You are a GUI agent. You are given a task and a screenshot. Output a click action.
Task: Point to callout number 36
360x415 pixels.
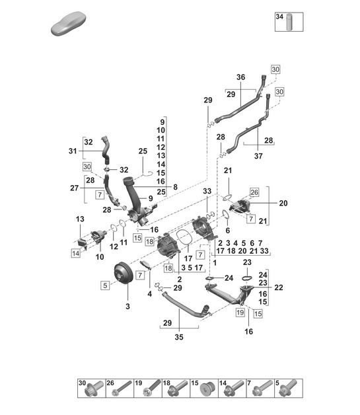point(240,77)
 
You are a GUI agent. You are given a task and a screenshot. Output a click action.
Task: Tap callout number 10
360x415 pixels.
point(100,256)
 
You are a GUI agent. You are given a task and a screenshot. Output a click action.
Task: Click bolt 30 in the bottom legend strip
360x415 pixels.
point(91,391)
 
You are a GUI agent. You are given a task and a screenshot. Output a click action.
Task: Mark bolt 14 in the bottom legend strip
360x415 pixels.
point(233,391)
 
